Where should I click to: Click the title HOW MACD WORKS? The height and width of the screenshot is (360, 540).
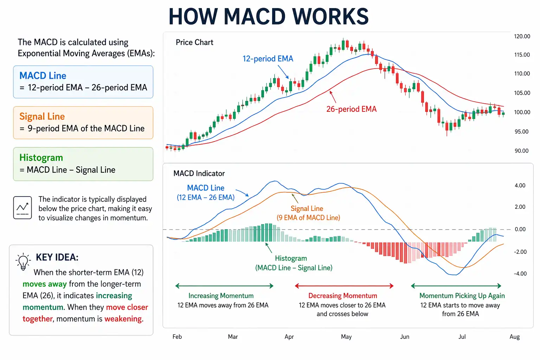coord(269,16)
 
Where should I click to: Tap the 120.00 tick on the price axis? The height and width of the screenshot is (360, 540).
coord(522,36)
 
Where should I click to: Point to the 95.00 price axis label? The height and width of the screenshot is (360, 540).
coord(521,131)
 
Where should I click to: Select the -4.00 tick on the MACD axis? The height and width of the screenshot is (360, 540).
coord(520,274)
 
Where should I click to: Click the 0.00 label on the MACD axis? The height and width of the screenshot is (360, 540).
coord(520,229)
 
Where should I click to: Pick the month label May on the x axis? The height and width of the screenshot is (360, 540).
coord(346,337)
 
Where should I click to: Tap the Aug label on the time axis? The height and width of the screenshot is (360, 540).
coord(514,337)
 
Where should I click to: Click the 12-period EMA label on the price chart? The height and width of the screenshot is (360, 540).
coord(268,59)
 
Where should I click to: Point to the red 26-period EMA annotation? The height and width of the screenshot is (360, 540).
coord(351,109)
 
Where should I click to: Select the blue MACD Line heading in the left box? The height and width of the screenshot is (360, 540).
coord(43,76)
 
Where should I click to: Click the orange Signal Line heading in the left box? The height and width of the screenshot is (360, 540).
coord(42,116)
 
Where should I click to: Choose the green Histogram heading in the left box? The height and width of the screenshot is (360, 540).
coord(41,157)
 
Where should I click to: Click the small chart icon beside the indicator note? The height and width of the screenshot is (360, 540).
coord(22,208)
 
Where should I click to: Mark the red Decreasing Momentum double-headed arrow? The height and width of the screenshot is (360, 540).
coord(344,286)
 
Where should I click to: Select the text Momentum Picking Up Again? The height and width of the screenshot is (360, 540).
coord(462,296)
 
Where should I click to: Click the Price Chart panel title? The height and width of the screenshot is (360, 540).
coord(194,43)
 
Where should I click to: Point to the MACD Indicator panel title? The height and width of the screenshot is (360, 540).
coord(199,173)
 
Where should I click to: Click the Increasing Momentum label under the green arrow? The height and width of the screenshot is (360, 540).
coord(221,296)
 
